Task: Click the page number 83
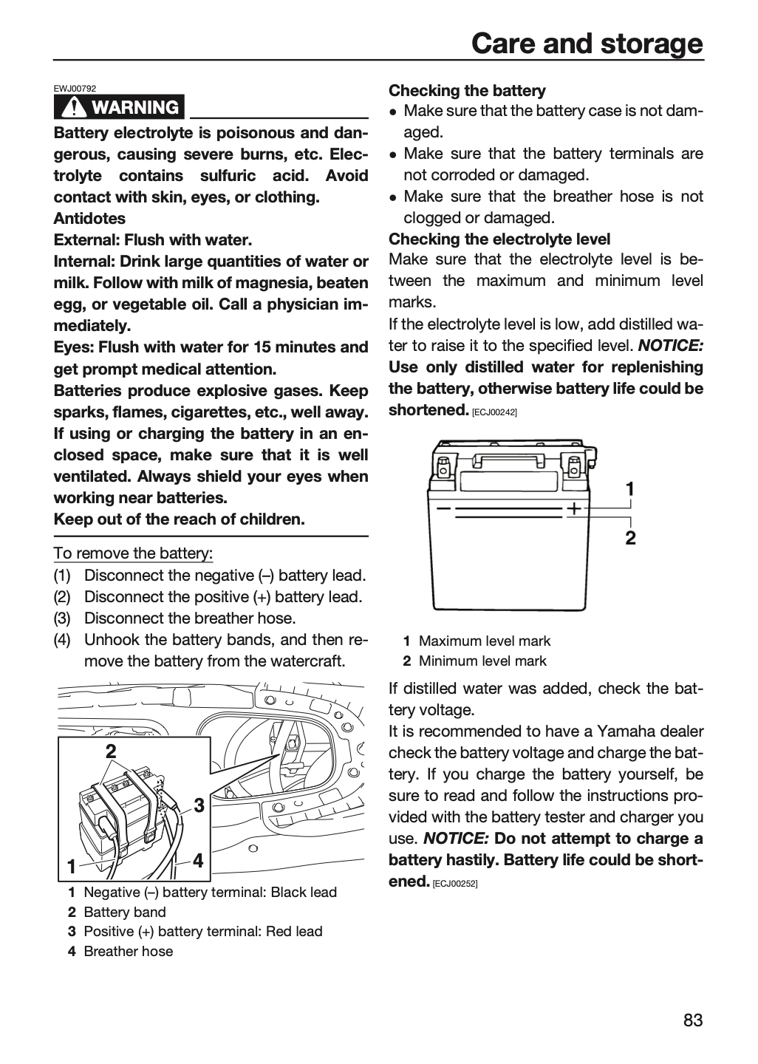tap(693, 1020)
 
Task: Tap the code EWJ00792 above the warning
tap(75, 89)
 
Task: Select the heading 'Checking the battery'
tap(467, 91)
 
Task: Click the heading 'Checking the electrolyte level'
tap(499, 239)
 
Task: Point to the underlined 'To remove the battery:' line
tap(133, 553)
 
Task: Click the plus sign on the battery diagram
tap(574, 508)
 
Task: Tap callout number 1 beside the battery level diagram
tap(629, 489)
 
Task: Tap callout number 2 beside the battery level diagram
tap(630, 538)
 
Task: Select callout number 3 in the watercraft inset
tap(199, 805)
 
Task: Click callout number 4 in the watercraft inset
tap(198, 860)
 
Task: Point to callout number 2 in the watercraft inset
tap(111, 751)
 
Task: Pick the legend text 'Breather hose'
tap(129, 951)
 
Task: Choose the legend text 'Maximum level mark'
tap(485, 641)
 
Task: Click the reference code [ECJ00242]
tap(494, 412)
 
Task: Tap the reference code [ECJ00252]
tap(455, 884)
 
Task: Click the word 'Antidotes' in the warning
tap(90, 219)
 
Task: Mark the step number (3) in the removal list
tap(62, 618)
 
